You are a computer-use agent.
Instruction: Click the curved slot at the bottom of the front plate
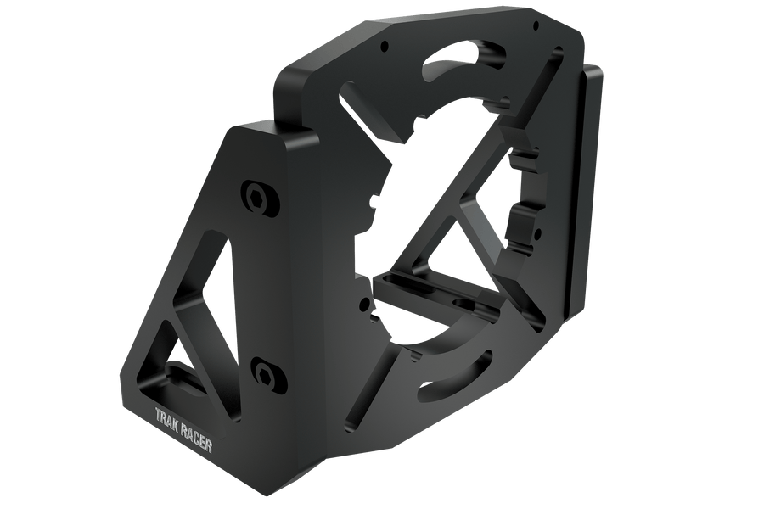click(x=463, y=378)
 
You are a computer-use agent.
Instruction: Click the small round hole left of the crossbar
click(x=367, y=302)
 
